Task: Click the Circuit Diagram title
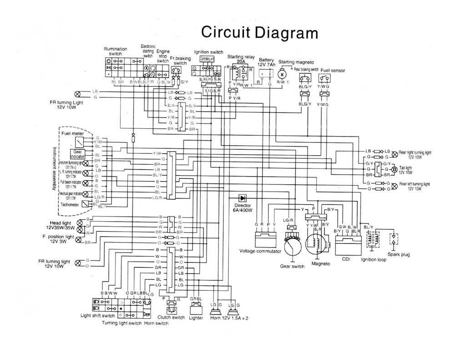259,32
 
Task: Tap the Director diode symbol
242,198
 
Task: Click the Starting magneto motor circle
282,74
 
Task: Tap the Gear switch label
292,266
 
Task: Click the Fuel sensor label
333,71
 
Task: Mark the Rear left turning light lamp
394,186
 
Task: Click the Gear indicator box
77,153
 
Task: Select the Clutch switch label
171,317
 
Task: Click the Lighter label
196,317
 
